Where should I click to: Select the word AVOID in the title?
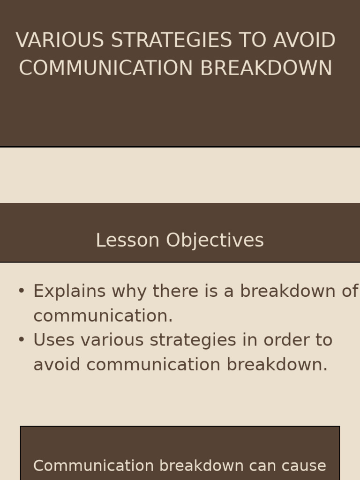coord(304,40)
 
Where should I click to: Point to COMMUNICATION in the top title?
coord(106,68)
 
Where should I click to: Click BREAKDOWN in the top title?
coord(266,68)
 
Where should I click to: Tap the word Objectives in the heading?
coord(215,240)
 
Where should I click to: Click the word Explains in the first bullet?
coord(69,292)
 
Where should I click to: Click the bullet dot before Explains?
coord(21,291)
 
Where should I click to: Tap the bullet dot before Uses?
coord(21,340)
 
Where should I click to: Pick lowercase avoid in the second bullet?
coord(57,365)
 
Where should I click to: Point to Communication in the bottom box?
coord(94,466)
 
